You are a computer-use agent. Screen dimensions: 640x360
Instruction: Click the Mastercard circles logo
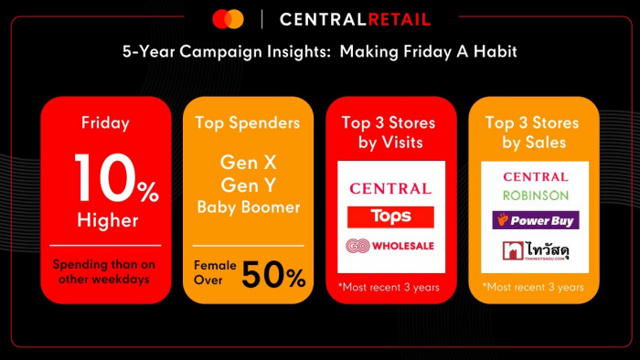(x=229, y=19)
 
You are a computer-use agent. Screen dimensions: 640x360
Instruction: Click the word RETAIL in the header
(x=400, y=19)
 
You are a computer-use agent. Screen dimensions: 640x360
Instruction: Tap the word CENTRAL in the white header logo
(x=324, y=19)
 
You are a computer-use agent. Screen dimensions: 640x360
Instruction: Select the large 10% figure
(x=117, y=178)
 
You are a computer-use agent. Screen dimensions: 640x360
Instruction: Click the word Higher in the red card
(x=108, y=220)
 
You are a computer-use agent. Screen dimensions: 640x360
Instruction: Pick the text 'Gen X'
(x=248, y=163)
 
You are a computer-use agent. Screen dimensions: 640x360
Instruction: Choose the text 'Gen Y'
(x=248, y=185)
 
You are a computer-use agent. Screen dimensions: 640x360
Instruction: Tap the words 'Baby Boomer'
(x=249, y=207)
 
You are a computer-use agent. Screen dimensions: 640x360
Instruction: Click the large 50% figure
(x=273, y=275)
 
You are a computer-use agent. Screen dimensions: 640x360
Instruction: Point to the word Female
(x=215, y=265)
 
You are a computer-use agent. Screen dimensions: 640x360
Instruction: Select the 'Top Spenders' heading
(x=248, y=122)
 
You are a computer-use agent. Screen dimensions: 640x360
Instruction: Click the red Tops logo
(x=390, y=217)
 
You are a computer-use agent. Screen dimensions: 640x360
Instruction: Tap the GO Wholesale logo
(x=389, y=246)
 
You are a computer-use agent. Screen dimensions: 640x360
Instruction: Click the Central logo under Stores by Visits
(x=390, y=188)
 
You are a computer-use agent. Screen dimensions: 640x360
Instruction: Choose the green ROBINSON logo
(x=536, y=196)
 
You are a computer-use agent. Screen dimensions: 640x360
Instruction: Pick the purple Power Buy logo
(x=536, y=220)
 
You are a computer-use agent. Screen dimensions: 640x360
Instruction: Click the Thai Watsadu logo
(x=536, y=250)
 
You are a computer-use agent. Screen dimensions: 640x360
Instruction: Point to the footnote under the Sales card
(x=533, y=288)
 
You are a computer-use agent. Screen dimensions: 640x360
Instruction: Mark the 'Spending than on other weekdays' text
(x=104, y=271)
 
